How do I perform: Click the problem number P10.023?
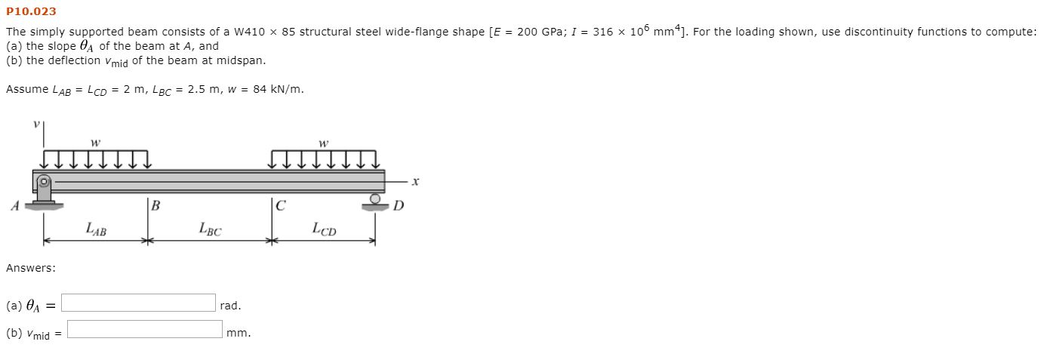click(x=31, y=11)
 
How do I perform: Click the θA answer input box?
click(x=139, y=303)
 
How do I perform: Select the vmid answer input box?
click(x=144, y=330)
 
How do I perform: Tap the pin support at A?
click(x=45, y=191)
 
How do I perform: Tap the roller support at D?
click(x=374, y=202)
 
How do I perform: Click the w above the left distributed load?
click(x=94, y=142)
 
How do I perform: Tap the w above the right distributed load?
click(x=324, y=142)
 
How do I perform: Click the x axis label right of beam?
click(x=415, y=181)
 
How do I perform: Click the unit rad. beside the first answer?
click(x=230, y=306)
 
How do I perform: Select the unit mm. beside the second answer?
click(x=239, y=333)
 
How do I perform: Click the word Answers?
click(x=30, y=268)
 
